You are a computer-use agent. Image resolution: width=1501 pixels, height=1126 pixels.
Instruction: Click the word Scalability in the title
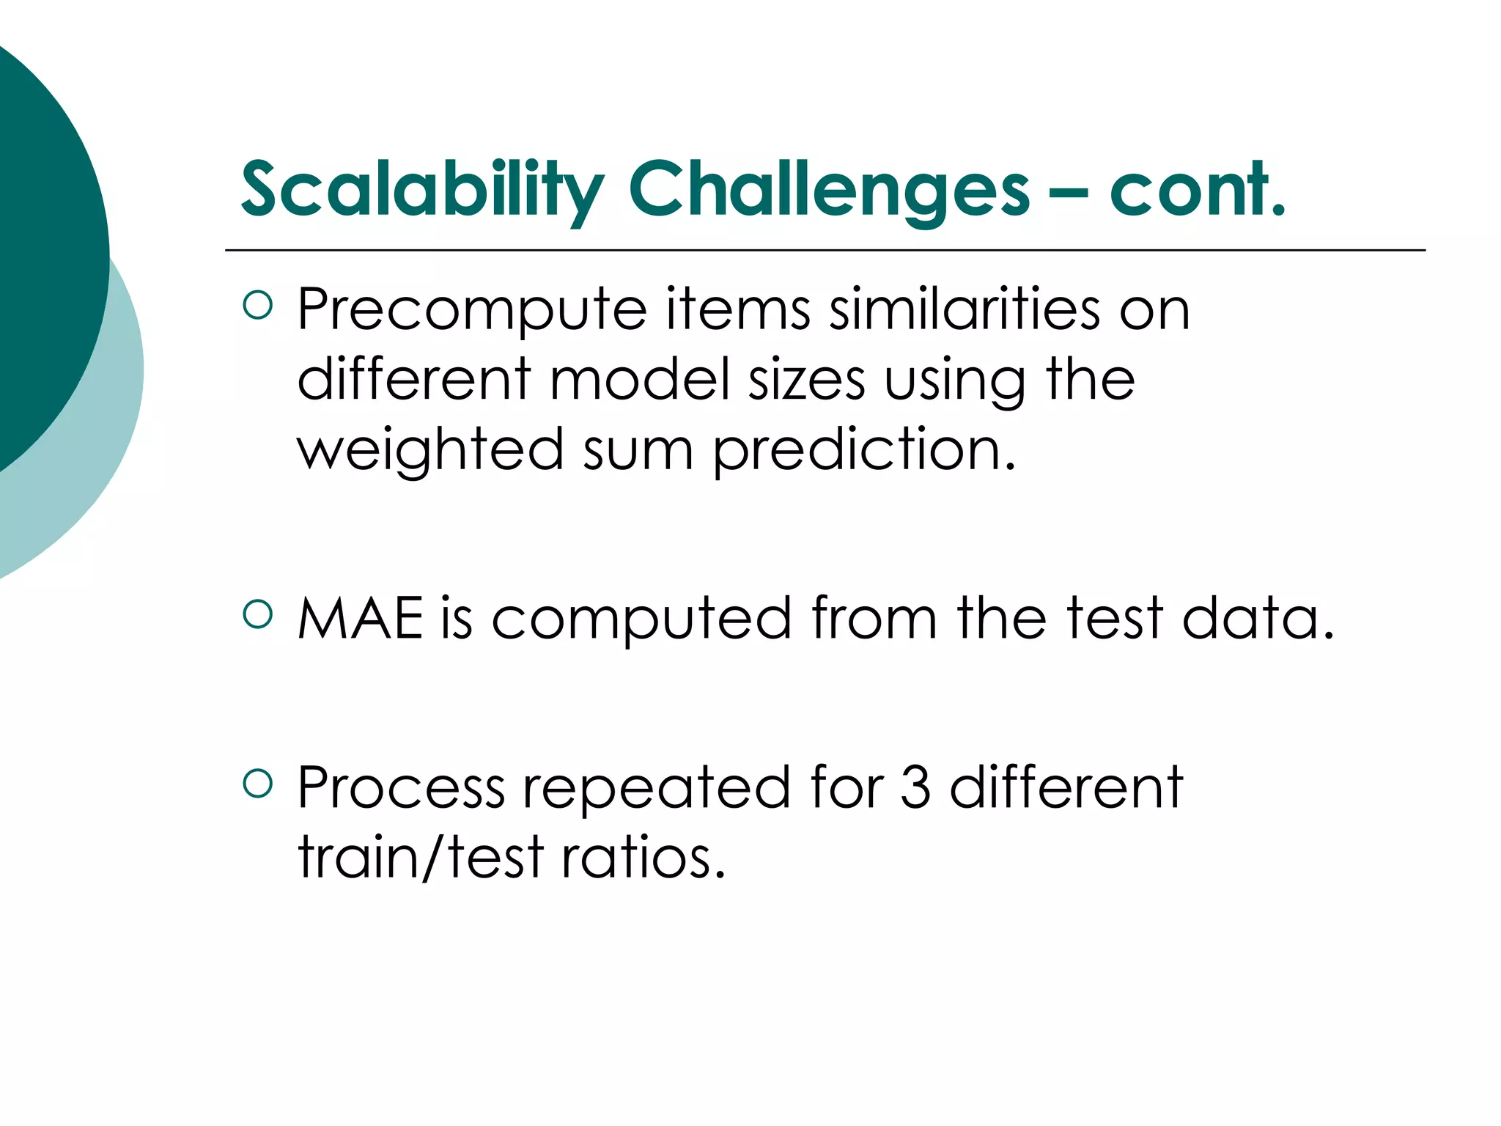click(x=421, y=191)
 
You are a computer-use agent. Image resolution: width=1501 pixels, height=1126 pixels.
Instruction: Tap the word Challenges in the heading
click(x=830, y=191)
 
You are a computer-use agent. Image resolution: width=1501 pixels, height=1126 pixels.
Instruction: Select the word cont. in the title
click(x=1198, y=191)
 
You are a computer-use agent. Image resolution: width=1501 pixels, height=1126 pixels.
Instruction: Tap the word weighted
click(x=430, y=451)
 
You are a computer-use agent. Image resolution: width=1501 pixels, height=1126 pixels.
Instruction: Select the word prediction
click(x=865, y=451)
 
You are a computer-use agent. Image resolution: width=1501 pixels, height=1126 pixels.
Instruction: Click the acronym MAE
click(x=361, y=619)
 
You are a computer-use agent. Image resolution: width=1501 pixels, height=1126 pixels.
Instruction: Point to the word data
click(x=1258, y=619)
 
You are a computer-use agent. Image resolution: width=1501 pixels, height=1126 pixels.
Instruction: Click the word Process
click(x=401, y=788)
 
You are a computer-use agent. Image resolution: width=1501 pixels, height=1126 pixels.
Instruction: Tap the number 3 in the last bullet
click(x=915, y=788)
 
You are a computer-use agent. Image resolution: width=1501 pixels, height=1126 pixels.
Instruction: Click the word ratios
click(x=643, y=858)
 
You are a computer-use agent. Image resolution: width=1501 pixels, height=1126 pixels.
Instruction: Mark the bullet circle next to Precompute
click(x=257, y=305)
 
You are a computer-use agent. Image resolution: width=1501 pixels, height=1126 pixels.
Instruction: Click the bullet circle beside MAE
click(x=257, y=614)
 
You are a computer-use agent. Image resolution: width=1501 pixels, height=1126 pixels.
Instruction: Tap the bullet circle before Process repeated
click(x=257, y=783)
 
